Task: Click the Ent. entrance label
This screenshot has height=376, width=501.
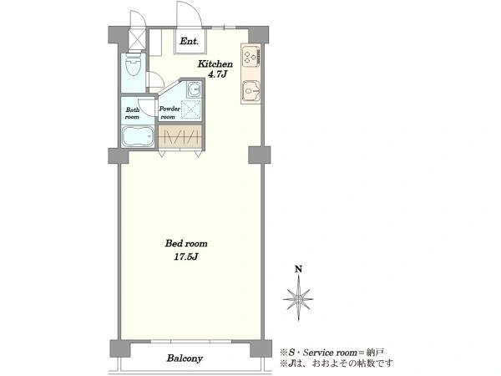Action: (x=190, y=41)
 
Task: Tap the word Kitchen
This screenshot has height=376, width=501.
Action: (x=215, y=64)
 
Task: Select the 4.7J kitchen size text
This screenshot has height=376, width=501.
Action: (x=217, y=75)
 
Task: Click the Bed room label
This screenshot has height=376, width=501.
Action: (x=186, y=244)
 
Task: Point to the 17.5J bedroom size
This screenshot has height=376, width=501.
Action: (x=186, y=257)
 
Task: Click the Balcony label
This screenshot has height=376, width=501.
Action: (x=185, y=358)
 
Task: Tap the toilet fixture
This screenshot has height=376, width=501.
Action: (x=134, y=64)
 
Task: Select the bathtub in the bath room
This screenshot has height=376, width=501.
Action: (x=138, y=137)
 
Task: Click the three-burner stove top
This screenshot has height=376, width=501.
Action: (x=250, y=57)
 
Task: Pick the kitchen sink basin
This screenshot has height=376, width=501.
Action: (x=250, y=92)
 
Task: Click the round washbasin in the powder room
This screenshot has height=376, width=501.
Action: (x=194, y=89)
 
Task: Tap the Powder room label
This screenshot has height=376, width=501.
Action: (x=170, y=113)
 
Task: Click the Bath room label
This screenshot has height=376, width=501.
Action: (x=132, y=114)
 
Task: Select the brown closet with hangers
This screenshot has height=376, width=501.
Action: (x=180, y=136)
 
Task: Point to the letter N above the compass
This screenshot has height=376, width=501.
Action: (x=298, y=270)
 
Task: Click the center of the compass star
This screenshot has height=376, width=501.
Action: (x=298, y=299)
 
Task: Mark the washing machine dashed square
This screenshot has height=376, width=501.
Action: (x=191, y=109)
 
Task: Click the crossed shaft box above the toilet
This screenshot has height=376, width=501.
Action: (x=137, y=38)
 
